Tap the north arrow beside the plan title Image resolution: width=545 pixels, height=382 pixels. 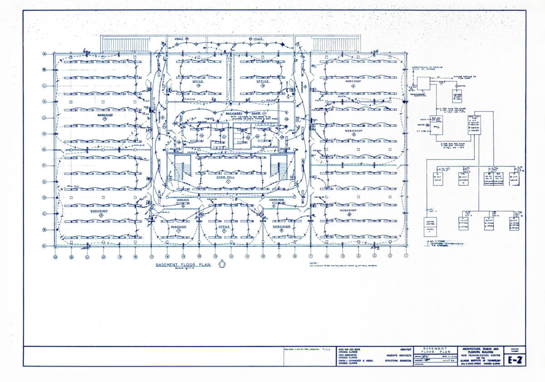(222, 263)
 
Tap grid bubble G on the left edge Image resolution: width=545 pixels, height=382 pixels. (44, 150)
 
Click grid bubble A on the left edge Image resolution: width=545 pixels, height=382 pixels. (44, 246)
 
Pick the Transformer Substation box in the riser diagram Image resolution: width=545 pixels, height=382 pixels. (424, 83)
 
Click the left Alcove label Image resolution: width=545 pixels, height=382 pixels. (175, 148)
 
